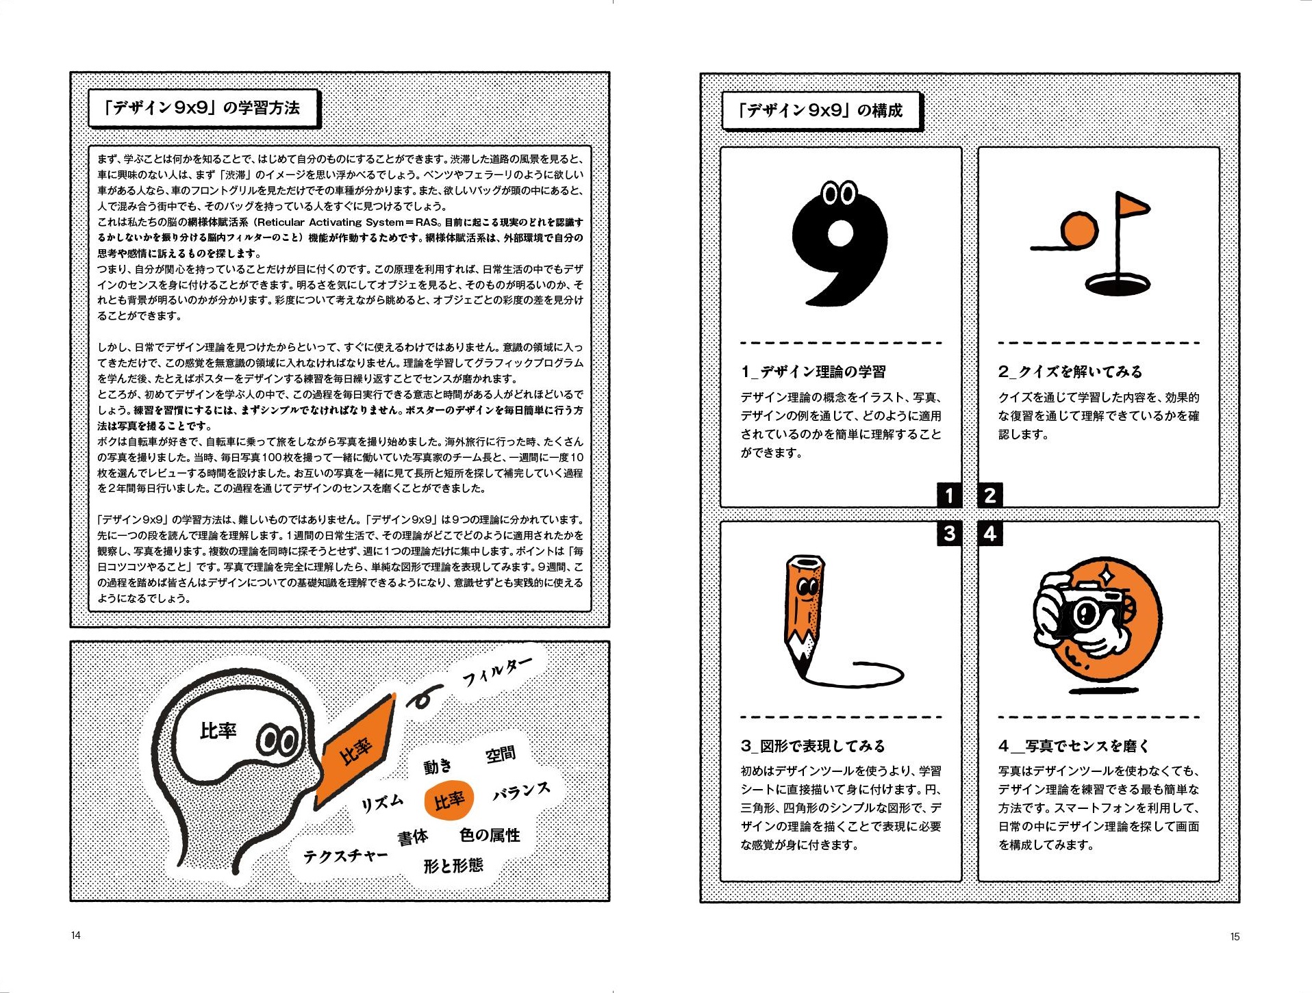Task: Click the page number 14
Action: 75,935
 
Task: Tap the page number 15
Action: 1235,936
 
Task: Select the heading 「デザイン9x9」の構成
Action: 820,110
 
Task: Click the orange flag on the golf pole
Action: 1133,205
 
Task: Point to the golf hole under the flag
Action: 1118,283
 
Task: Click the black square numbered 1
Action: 949,495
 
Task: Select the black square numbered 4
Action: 990,533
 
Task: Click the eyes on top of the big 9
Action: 840,194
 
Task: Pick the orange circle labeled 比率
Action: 449,799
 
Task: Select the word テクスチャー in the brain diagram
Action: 346,855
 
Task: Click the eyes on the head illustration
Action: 277,740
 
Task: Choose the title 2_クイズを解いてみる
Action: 1070,372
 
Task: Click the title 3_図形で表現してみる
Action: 813,745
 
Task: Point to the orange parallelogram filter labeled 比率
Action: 356,749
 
